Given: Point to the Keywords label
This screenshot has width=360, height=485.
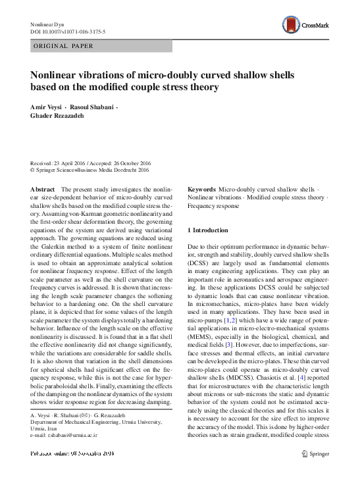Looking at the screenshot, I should tap(202, 189).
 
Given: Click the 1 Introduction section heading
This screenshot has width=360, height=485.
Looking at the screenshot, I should tap(208, 230).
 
